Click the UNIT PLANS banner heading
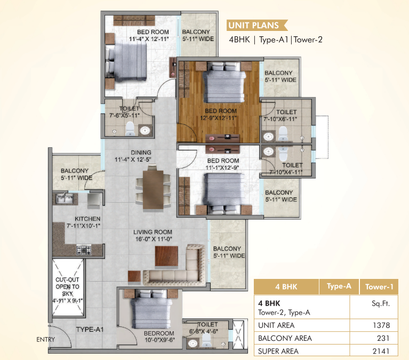click(x=253, y=25)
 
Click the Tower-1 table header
click(x=379, y=287)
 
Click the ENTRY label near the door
click(x=45, y=340)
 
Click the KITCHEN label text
click(x=87, y=219)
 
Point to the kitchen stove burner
click(x=85, y=249)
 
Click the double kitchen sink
click(x=64, y=199)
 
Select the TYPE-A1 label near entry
click(x=89, y=330)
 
